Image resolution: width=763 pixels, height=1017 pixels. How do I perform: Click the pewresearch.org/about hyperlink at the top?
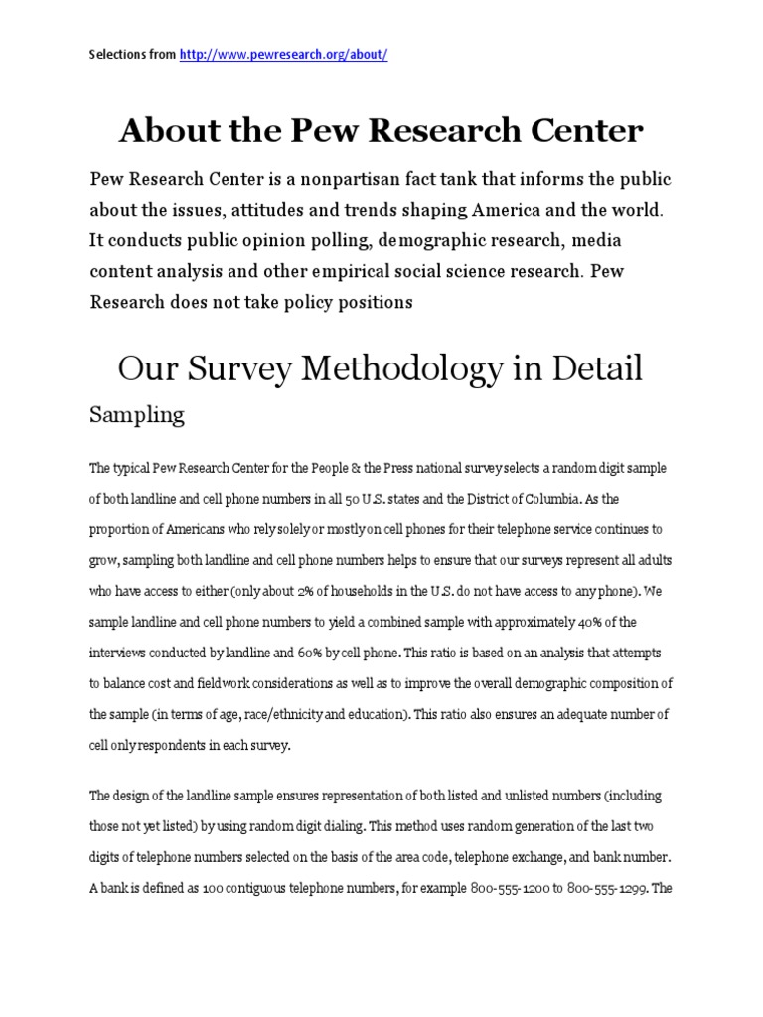[x=283, y=55]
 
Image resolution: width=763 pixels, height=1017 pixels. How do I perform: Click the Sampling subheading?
[x=137, y=415]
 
